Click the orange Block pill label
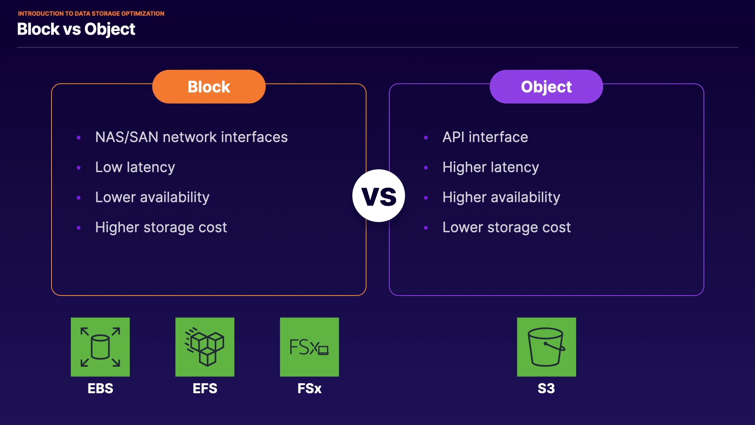pos(209,87)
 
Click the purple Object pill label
pos(546,87)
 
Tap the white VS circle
pos(379,196)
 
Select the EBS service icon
pos(100,347)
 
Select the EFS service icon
pos(205,347)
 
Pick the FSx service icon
pos(309,347)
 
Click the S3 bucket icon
pos(547,347)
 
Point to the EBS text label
pos(100,388)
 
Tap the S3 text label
pos(546,388)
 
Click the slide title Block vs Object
pos(76,29)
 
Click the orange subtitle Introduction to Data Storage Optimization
pos(91,14)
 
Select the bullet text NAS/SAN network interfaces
pos(192,137)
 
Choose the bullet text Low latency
pos(135,167)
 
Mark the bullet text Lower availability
pos(152,197)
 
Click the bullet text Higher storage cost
pos(161,227)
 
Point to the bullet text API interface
pos(485,137)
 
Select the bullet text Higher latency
pos(491,167)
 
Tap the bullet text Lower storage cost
pos(506,227)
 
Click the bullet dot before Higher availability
pos(426,198)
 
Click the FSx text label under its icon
pos(309,388)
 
